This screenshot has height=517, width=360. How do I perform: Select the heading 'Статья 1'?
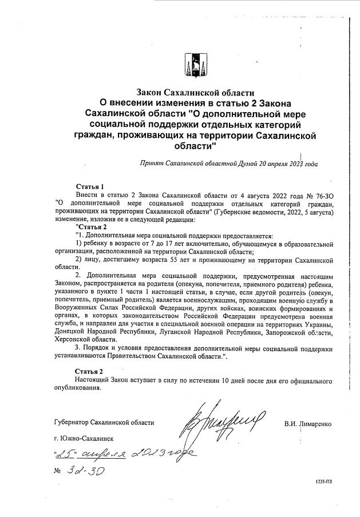(90, 186)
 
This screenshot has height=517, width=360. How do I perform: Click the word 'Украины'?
(315, 324)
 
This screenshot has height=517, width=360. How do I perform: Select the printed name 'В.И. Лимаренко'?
(307, 424)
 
